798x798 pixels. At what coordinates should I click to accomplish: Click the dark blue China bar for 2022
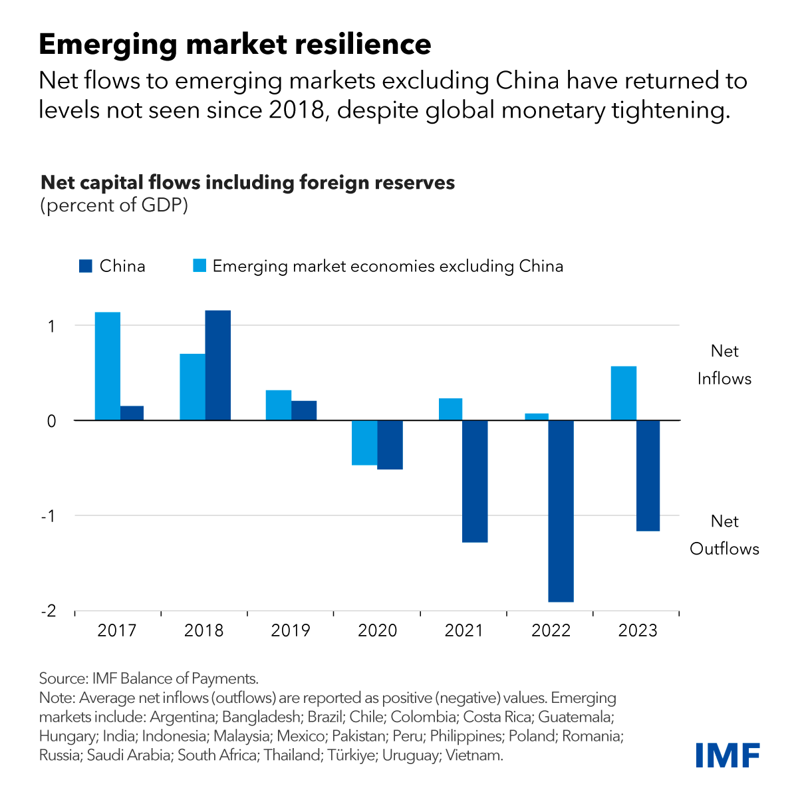click(561, 511)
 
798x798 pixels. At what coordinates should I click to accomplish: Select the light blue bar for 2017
click(108, 366)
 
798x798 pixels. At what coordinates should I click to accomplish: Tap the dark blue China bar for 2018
click(218, 365)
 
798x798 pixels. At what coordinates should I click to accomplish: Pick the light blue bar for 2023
click(624, 393)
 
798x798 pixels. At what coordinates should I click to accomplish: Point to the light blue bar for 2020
click(364, 443)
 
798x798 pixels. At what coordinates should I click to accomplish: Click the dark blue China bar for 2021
click(475, 481)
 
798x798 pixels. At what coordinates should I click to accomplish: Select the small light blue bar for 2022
click(537, 417)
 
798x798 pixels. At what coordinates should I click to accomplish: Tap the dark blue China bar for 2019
click(304, 410)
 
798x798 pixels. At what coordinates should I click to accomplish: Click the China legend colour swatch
click(85, 267)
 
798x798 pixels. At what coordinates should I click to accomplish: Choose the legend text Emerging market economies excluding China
click(388, 267)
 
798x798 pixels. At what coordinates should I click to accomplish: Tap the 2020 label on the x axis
click(377, 630)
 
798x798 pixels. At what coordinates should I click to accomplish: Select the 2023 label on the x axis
click(638, 630)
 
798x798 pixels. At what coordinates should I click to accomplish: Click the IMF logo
click(728, 755)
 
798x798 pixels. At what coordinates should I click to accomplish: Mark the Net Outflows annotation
click(724, 535)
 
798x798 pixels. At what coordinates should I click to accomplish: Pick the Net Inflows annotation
click(724, 365)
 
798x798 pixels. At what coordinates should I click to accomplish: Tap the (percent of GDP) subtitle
click(114, 205)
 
